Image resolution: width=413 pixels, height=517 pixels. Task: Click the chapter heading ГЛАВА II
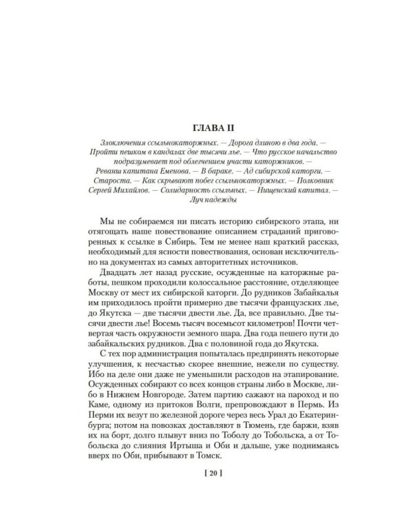(206, 127)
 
